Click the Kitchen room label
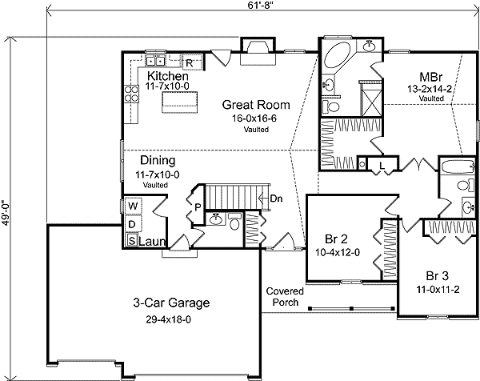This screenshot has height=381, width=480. (x=166, y=75)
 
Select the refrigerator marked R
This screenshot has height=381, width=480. (x=191, y=62)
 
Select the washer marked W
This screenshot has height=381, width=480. (x=132, y=207)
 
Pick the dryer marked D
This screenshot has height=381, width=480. (x=132, y=224)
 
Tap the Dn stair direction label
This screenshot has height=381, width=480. (x=276, y=199)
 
